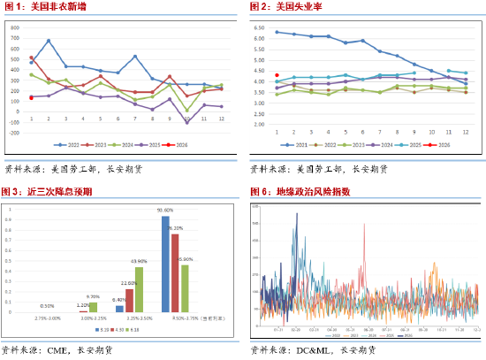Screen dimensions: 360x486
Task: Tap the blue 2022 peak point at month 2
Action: pyautogui.click(x=49, y=41)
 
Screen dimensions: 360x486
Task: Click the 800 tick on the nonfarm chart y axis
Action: pyautogui.click(x=15, y=27)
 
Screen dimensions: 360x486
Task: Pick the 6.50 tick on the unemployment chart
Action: pyautogui.click(x=259, y=27)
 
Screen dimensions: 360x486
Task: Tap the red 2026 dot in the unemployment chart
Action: pyautogui.click(x=277, y=75)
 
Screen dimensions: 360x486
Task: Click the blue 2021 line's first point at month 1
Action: pyautogui.click(x=277, y=32)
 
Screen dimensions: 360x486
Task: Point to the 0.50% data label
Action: pyautogui.click(x=48, y=306)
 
